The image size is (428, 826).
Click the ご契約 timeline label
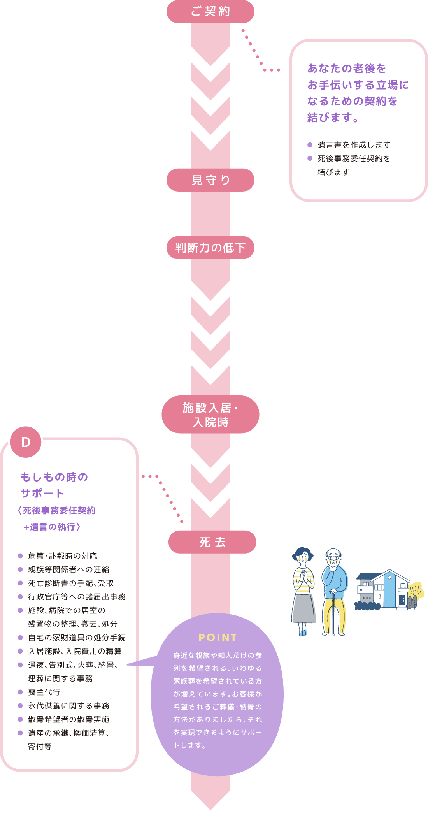[x=210, y=12]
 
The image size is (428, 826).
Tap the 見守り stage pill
[x=210, y=180]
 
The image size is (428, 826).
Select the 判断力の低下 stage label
[x=210, y=248]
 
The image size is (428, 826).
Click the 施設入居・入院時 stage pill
[x=210, y=415]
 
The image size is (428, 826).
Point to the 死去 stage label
[x=212, y=542]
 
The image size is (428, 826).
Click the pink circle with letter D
[x=26, y=442]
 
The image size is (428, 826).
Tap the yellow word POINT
[x=218, y=638]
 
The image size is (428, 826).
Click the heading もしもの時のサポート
[x=54, y=485]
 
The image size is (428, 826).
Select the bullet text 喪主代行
[x=44, y=692]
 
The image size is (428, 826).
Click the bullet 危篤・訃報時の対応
[x=63, y=556]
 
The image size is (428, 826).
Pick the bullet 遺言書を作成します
[x=354, y=145]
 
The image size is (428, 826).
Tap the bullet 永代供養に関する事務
[x=68, y=706]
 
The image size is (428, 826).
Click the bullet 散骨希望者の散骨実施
[x=68, y=719]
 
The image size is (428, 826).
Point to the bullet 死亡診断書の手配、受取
[x=71, y=583]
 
